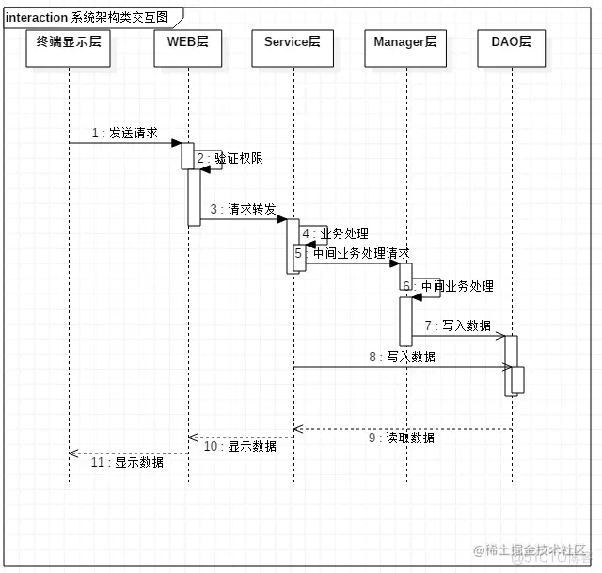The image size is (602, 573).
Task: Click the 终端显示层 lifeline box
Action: pos(69,50)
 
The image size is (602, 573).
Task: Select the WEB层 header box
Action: pos(188,50)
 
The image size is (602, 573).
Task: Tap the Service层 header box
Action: pos(293,50)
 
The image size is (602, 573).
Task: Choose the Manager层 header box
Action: pos(405,50)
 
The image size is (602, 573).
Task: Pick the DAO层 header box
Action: pos(512,50)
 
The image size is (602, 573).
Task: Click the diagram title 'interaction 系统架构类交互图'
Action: pos(87,17)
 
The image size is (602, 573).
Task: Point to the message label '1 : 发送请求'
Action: pos(124,134)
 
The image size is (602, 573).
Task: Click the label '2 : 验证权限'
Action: pos(230,159)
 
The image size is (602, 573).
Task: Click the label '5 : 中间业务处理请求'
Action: pos(352,254)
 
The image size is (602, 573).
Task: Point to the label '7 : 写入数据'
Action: pos(457,326)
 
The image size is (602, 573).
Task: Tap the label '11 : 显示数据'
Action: pos(127,462)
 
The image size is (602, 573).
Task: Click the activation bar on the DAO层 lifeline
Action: pos(512,365)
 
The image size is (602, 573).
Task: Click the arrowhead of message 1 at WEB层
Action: pos(176,143)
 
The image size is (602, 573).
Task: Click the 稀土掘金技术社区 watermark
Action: pos(536,549)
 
